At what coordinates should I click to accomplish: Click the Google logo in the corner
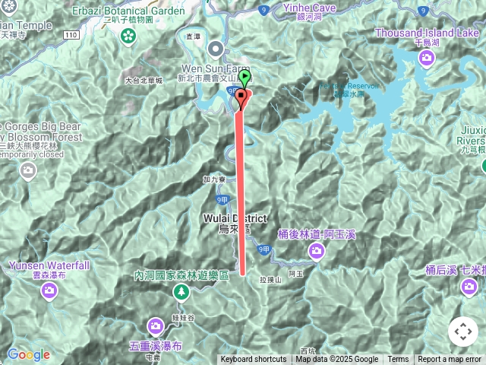[x=29, y=354]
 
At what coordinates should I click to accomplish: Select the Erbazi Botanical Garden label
[x=128, y=11]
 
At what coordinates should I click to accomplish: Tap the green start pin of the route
[x=244, y=78]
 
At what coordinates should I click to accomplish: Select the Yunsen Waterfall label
[x=49, y=265]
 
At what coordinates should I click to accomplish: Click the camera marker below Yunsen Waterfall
[x=50, y=290]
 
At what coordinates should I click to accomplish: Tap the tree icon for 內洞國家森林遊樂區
[x=181, y=291]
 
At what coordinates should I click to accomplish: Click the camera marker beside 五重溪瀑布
[x=156, y=326]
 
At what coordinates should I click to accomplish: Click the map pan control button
[x=462, y=332]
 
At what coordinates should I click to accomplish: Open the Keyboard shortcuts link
[x=254, y=360]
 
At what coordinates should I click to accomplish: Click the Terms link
[x=398, y=360]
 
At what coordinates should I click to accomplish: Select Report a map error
[x=450, y=360]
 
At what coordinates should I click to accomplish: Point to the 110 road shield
[x=71, y=35]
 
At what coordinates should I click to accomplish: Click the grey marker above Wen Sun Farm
[x=215, y=50]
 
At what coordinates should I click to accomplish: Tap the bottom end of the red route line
[x=243, y=272]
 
